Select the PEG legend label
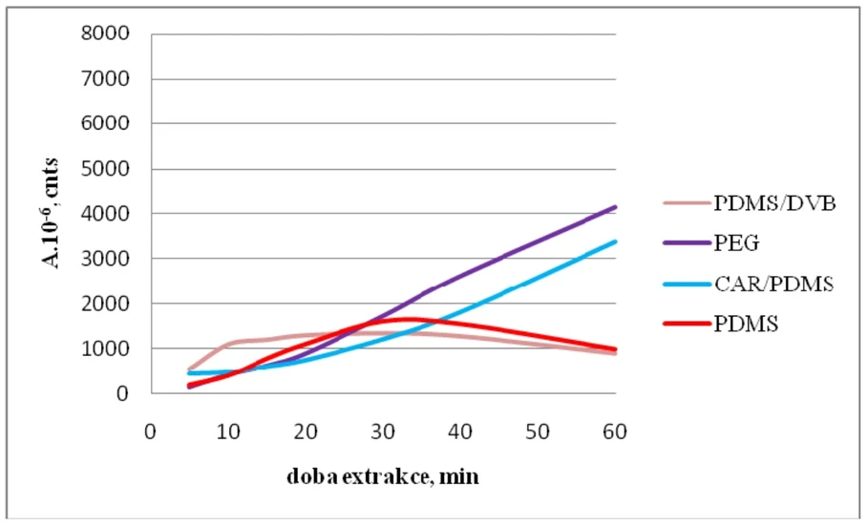point(736,242)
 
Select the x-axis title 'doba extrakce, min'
point(382,476)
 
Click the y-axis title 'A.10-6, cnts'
point(52,214)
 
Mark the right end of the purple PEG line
point(614,207)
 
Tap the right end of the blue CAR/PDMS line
point(614,242)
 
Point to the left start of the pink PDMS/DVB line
point(189,368)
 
